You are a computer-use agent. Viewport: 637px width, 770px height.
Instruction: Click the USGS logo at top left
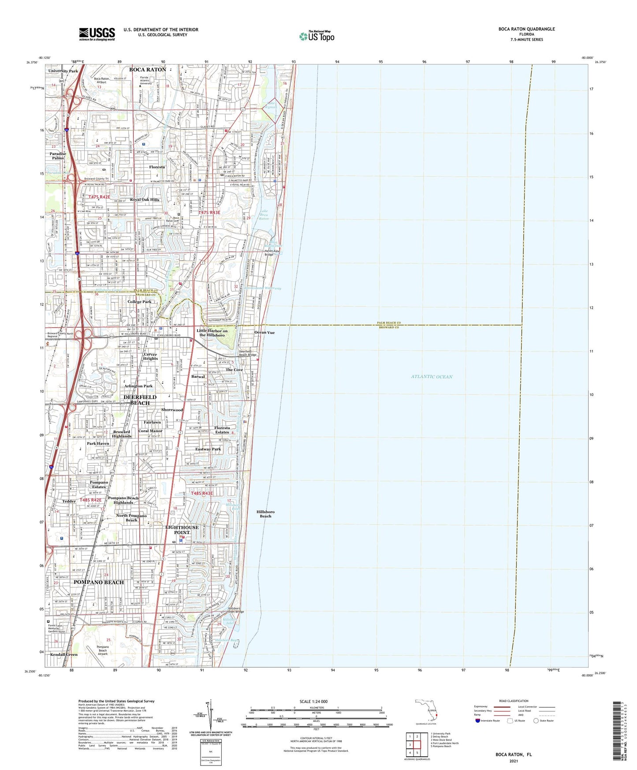97,34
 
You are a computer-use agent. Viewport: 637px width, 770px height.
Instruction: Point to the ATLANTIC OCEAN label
432,377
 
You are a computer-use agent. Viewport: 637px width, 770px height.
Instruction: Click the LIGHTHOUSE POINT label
182,530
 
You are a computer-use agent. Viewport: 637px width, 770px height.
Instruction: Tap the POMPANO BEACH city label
99,582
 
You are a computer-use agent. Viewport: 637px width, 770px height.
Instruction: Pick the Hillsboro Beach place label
265,514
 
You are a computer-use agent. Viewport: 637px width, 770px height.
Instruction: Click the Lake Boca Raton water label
264,215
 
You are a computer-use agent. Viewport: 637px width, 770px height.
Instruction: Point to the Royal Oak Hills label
145,200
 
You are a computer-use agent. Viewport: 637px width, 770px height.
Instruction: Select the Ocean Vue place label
264,333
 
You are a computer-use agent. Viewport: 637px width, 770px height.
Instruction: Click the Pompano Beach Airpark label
102,650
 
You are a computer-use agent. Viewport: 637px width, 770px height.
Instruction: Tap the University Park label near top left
63,71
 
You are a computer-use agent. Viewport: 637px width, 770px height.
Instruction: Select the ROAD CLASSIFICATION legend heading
514,701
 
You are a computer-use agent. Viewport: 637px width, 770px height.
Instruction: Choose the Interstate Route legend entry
487,721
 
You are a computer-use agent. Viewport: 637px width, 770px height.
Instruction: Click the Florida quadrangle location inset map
426,710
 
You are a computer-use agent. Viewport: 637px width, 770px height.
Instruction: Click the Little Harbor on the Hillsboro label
213,333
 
